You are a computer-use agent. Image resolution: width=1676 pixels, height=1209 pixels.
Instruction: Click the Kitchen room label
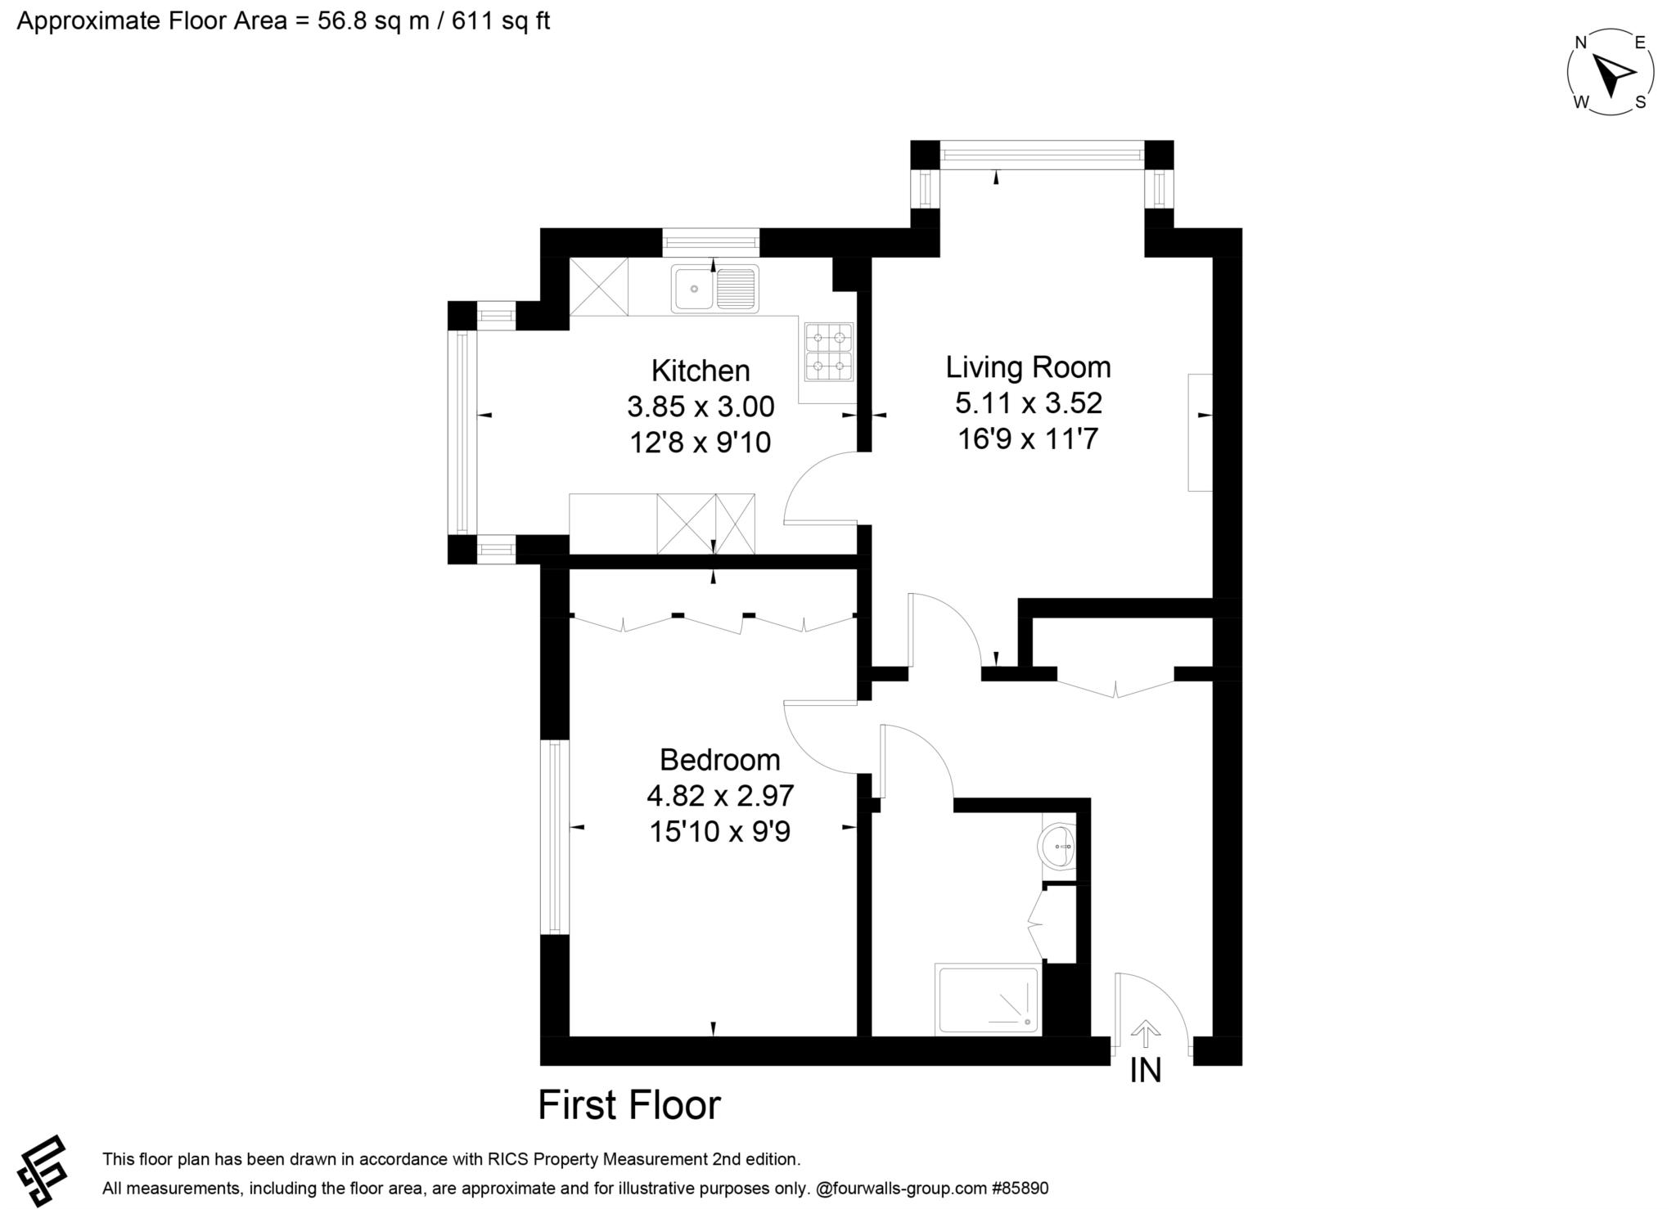[701, 371]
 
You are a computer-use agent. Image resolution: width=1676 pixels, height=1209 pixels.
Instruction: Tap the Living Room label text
[1029, 367]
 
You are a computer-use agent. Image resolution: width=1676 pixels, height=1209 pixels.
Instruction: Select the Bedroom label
[720, 760]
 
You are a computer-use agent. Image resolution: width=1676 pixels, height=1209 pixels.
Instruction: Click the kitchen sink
[714, 288]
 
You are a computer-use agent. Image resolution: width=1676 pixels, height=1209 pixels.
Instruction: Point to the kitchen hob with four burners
[829, 352]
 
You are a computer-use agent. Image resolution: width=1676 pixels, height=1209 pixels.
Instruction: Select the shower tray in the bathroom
[989, 1000]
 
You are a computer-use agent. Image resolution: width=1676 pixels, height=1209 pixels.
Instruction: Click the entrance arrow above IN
[1146, 1032]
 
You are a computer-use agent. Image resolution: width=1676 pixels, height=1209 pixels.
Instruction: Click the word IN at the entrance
[1146, 1071]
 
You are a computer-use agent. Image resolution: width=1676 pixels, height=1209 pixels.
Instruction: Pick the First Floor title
[629, 1105]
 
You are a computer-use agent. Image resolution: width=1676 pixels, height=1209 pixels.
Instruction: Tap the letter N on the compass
[1582, 43]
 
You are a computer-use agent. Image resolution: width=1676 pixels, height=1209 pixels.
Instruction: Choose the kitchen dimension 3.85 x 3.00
[701, 407]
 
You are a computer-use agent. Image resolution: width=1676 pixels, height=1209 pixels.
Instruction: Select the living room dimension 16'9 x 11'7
[1028, 439]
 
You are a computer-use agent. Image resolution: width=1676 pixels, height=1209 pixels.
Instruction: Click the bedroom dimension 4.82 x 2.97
[720, 796]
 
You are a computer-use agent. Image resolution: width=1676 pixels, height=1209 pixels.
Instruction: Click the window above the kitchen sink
[711, 242]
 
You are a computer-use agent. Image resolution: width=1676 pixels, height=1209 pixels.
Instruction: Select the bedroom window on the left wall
[555, 837]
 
